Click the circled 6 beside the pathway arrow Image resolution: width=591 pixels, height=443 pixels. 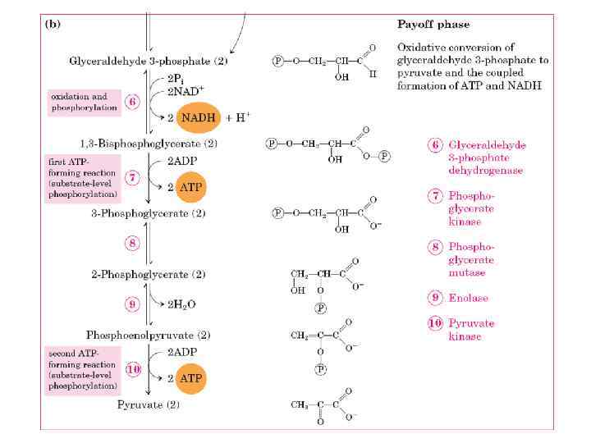pyautogui.click(x=133, y=103)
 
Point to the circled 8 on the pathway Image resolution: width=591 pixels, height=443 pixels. pyautogui.click(x=133, y=243)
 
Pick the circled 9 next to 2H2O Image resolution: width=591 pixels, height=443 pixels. pyautogui.click(x=133, y=304)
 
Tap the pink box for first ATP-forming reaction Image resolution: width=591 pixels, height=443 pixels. pyautogui.click(x=82, y=179)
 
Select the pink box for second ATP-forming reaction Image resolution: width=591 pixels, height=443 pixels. pyautogui.click(x=82, y=369)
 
